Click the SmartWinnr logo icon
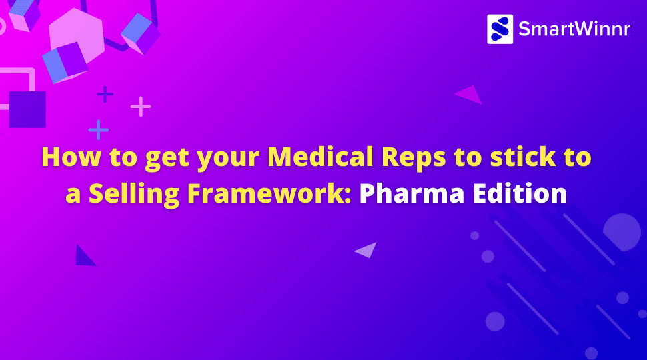point(500,29)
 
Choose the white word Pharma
point(417,193)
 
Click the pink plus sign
point(141,106)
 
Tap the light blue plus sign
point(99,129)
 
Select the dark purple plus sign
point(105,94)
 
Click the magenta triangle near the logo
point(471,95)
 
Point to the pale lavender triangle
point(367,250)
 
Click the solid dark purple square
point(27,109)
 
